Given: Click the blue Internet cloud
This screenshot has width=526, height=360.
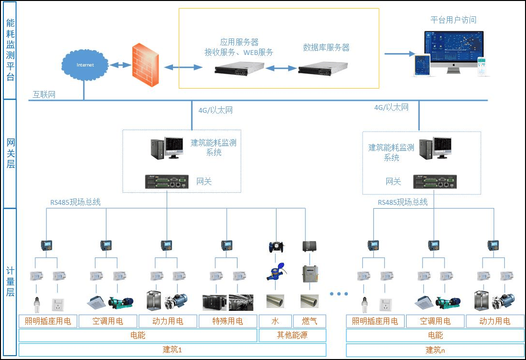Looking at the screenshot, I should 85,65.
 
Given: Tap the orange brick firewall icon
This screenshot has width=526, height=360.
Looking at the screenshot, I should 145,65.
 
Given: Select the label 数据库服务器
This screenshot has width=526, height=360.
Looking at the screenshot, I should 326,47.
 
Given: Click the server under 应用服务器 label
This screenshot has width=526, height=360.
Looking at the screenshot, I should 239,69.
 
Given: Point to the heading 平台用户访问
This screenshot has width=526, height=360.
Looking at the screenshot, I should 453,20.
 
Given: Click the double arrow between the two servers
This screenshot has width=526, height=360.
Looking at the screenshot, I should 281,68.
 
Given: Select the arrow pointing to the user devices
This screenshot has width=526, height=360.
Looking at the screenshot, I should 399,53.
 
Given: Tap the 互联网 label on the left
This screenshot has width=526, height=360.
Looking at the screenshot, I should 44,94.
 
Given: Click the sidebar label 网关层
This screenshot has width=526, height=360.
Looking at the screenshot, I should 10,153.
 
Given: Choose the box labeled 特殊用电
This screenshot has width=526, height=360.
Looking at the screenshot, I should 227,321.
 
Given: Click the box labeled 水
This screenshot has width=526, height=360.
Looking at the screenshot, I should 275,321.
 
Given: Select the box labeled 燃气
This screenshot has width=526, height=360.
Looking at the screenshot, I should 309,321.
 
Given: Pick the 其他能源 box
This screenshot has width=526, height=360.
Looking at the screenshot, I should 292,335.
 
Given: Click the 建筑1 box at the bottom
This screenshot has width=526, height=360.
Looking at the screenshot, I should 172,350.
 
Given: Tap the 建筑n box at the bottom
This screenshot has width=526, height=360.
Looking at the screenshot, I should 435,350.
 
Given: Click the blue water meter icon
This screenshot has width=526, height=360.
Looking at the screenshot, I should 276,274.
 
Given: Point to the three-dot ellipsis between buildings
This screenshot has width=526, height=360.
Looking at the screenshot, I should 339,293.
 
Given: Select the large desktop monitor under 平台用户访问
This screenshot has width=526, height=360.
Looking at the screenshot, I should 453,49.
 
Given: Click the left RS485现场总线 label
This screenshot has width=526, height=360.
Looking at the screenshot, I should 76,202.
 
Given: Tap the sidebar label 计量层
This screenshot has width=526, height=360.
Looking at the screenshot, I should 10,282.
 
